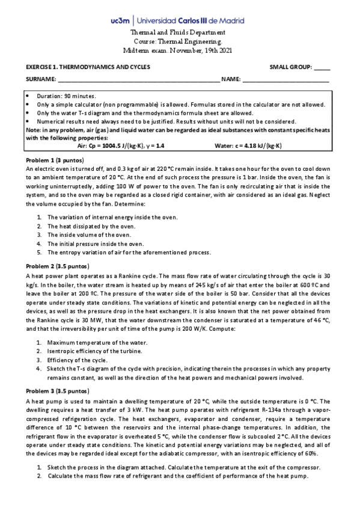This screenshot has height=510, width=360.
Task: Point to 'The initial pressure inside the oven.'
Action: click(x=96, y=244)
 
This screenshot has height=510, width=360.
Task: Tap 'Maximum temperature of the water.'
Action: click(x=97, y=342)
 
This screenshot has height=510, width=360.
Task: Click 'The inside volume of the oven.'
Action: click(x=89, y=235)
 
